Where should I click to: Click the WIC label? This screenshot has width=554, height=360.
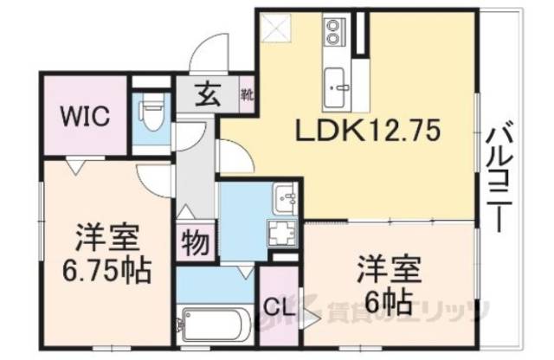tap(84, 116)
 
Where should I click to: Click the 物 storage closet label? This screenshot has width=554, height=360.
tap(195, 244)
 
